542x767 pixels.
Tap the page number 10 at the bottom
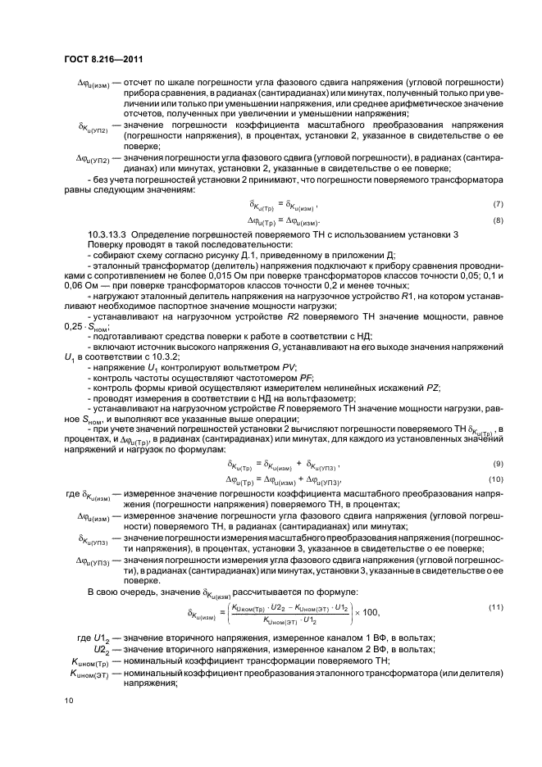(x=68, y=700)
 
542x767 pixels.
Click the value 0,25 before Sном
(x=73, y=328)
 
